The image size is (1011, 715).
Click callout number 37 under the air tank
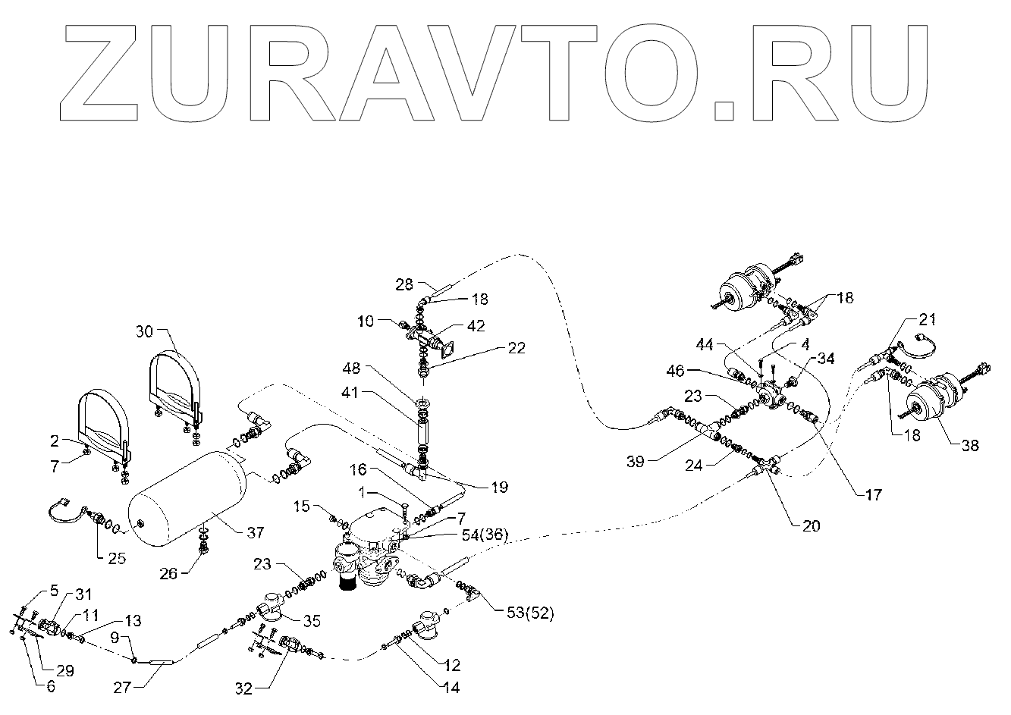(x=256, y=532)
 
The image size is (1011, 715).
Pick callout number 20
(x=811, y=525)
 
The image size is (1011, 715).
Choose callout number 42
(x=476, y=326)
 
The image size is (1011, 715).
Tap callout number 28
(x=404, y=284)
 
